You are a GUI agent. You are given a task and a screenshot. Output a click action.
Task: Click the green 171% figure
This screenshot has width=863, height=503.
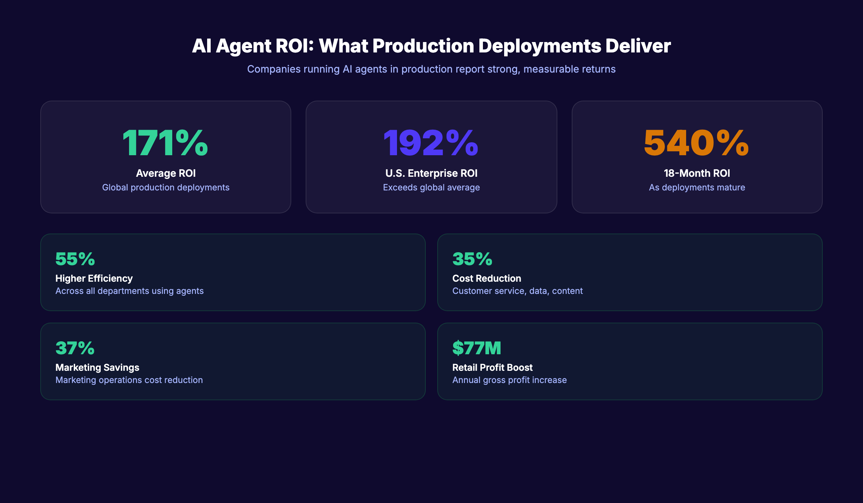point(165,143)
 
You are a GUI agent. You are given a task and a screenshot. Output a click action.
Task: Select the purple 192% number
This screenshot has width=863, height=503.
point(431,143)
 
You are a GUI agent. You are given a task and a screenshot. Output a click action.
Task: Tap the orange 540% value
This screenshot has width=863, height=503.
point(696,143)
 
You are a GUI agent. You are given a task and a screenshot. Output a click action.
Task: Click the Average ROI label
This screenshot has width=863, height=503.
point(166,173)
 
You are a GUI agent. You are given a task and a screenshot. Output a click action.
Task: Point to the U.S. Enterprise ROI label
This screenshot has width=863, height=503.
point(431,173)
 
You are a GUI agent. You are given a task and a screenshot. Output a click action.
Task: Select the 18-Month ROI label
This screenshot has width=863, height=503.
point(697,173)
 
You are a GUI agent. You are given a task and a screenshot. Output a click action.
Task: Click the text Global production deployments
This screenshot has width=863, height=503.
point(166,188)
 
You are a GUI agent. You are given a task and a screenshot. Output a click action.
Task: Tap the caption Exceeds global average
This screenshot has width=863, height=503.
point(431,188)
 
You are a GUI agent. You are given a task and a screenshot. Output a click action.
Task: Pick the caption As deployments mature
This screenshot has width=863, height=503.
point(697,188)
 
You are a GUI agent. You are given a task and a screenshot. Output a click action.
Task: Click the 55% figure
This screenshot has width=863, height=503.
point(75,259)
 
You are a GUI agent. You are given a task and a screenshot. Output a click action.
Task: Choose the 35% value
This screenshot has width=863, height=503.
point(472,259)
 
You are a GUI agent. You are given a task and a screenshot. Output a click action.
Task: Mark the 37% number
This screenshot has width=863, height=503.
point(75,348)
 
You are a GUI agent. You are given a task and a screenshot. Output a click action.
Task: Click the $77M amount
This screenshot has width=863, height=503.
point(476,348)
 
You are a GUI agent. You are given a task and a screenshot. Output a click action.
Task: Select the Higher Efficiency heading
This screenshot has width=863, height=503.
point(94,278)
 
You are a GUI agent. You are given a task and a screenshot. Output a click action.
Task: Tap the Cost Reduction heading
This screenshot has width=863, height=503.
point(487,278)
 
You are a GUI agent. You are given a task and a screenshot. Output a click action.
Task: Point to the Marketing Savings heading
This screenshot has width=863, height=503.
point(97,368)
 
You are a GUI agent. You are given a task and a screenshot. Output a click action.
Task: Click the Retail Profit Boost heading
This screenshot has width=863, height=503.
point(492,368)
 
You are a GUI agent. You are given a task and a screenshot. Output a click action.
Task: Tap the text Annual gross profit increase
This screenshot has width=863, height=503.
point(509,380)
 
